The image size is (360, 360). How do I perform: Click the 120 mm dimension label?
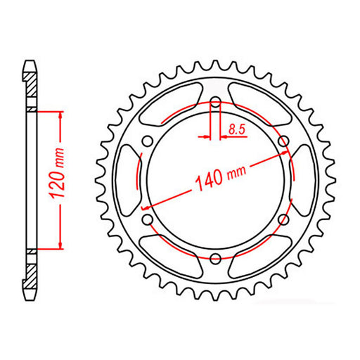click(59, 179)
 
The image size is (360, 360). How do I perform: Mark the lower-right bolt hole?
click(283, 220)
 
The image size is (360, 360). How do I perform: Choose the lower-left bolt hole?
click(146, 220)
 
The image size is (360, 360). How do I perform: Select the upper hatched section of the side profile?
click(31, 84)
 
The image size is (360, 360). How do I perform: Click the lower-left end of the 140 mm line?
click(143, 208)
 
